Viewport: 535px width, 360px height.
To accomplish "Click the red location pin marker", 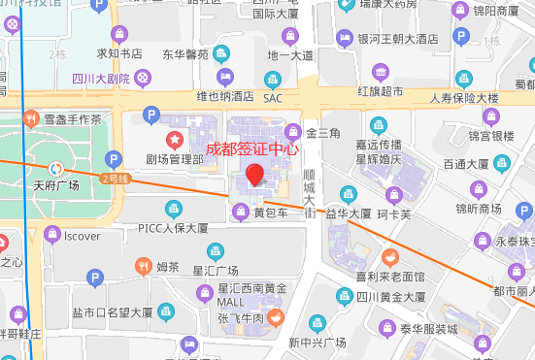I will pyautogui.click(x=254, y=176).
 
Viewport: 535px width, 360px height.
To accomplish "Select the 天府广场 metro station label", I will pyautogui.click(x=56, y=183).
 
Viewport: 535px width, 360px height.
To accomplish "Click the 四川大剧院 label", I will pyautogui.click(x=100, y=78).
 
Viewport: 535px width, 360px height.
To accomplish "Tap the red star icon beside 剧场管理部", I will pyautogui.click(x=176, y=140).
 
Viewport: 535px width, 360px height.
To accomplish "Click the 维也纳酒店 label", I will pyautogui.click(x=224, y=96).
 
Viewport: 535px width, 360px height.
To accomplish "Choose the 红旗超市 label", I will pyautogui.click(x=380, y=91).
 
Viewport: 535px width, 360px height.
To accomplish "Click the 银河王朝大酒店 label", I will pyautogui.click(x=398, y=39).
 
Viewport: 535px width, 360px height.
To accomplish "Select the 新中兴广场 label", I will pyautogui.click(x=317, y=343).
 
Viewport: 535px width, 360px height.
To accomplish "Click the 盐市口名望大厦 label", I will pyautogui.click(x=112, y=312).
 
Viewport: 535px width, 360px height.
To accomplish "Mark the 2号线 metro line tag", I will pyautogui.click(x=116, y=178).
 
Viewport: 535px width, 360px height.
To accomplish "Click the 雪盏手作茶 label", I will pyautogui.click(x=72, y=119).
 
